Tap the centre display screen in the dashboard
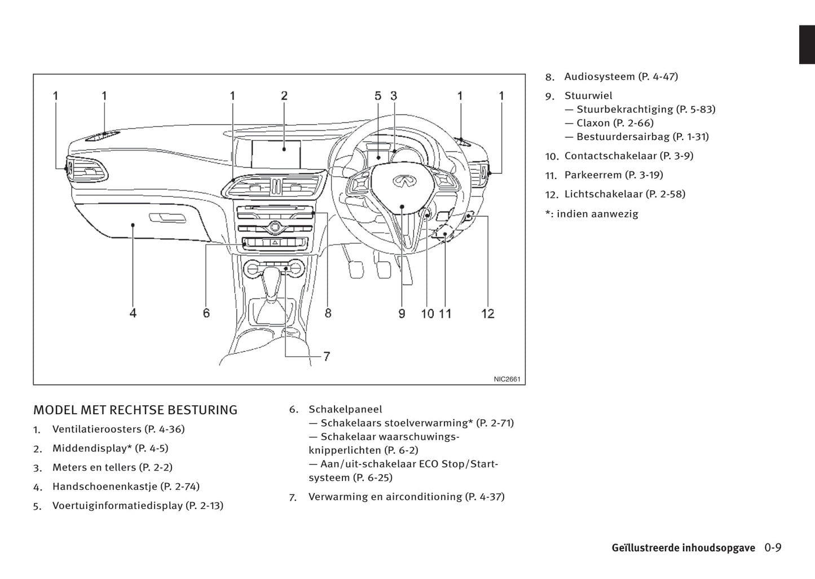tap(276, 154)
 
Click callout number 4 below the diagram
tap(133, 313)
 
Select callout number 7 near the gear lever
tap(326, 357)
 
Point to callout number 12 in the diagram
tap(488, 313)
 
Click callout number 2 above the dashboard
tap(284, 96)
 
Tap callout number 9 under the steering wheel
tap(402, 313)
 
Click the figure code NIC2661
tap(506, 379)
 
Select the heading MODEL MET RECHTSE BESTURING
tap(135, 410)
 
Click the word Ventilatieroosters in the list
tap(96, 429)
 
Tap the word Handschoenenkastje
tap(104, 486)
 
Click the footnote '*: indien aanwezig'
tap(592, 214)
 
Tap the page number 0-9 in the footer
tap(773, 548)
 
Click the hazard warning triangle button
tap(275, 242)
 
